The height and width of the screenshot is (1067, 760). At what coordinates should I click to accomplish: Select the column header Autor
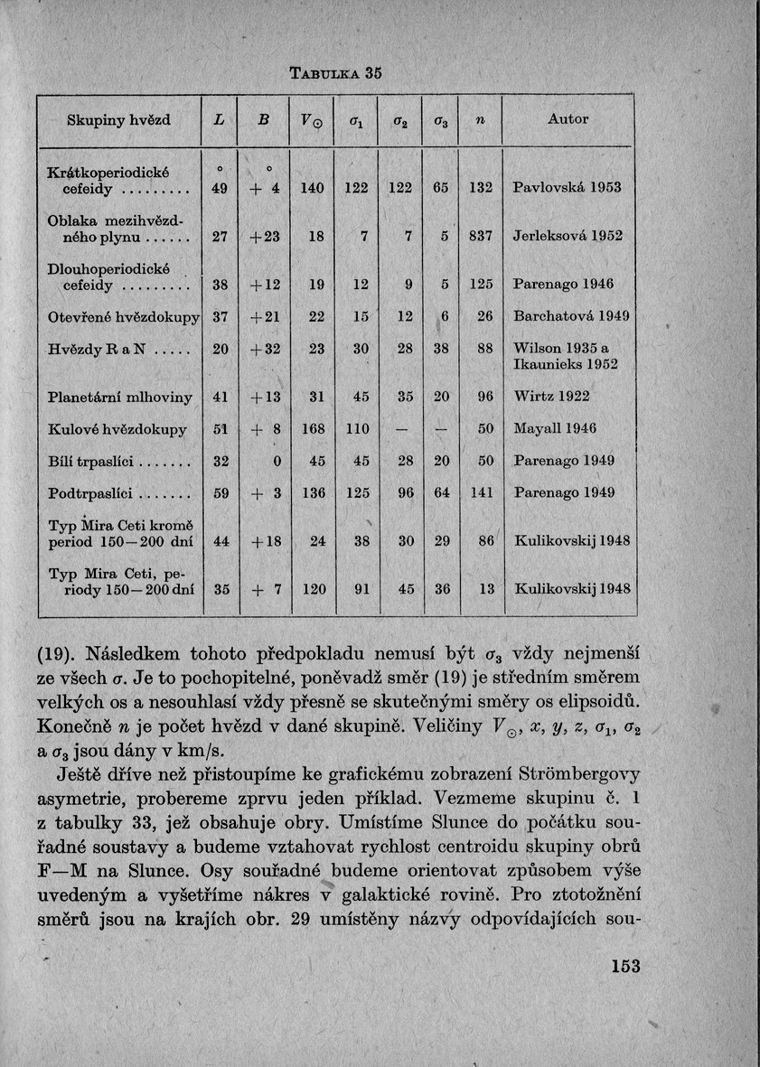pyautogui.click(x=568, y=118)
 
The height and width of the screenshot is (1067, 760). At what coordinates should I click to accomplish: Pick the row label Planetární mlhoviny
pyautogui.click(x=119, y=395)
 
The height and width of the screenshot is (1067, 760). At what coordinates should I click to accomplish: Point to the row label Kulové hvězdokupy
pyautogui.click(x=117, y=429)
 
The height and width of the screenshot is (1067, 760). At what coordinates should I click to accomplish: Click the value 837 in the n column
pyautogui.click(x=481, y=236)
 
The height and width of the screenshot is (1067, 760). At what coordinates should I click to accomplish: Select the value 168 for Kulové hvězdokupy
pyautogui.click(x=313, y=429)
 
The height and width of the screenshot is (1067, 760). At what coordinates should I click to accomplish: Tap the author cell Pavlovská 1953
pyautogui.click(x=567, y=188)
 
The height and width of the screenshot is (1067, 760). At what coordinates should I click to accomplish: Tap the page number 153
pyautogui.click(x=624, y=967)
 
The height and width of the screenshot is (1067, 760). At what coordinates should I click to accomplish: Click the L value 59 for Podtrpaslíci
pyautogui.click(x=220, y=493)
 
